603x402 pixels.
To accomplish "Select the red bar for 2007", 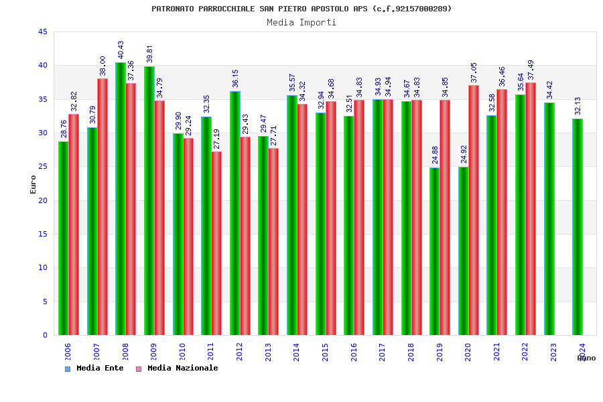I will pyautogui.click(x=103, y=207).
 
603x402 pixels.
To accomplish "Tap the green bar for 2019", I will pyautogui.click(x=435, y=251).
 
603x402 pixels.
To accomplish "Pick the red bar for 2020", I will pyautogui.click(x=474, y=210).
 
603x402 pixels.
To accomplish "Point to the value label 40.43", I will pyautogui.click(x=121, y=50).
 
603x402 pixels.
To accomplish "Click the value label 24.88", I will pyautogui.click(x=435, y=155).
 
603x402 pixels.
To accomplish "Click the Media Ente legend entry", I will pyautogui.click(x=95, y=368).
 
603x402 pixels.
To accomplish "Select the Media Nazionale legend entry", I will pyautogui.click(x=178, y=368).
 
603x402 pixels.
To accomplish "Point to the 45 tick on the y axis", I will pyautogui.click(x=42, y=32).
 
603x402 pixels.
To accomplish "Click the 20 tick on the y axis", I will pyautogui.click(x=42, y=200).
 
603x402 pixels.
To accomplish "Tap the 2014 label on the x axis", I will pyautogui.click(x=297, y=352).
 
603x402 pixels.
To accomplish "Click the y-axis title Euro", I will pyautogui.click(x=33, y=184).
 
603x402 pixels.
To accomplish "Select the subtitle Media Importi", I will pyautogui.click(x=301, y=23).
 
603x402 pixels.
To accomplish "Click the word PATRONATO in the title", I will pyautogui.click(x=173, y=9).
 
